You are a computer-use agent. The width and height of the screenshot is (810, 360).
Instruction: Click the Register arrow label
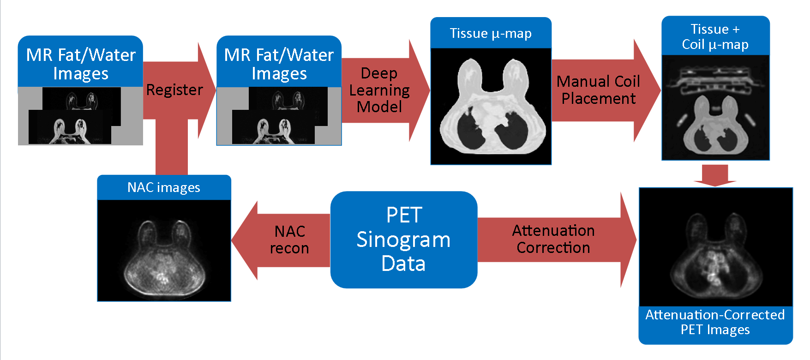point(174,90)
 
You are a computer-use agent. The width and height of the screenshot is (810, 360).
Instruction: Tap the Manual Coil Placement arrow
point(598,90)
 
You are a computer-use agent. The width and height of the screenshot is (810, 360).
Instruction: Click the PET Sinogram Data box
point(404,240)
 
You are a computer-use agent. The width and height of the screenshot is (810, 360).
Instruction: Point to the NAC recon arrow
point(289,240)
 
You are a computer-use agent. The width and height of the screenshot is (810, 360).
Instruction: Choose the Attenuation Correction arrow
point(553,240)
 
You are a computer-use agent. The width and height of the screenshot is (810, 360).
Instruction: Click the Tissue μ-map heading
point(491,33)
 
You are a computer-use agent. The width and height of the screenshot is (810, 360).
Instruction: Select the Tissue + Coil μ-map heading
point(715,36)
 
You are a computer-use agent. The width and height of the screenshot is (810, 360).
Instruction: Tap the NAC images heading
point(164,187)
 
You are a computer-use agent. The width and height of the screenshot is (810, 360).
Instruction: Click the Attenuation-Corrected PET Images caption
point(715,322)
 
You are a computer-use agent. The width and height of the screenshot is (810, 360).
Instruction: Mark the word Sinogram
point(404,240)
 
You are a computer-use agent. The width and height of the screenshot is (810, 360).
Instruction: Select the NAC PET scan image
point(164,251)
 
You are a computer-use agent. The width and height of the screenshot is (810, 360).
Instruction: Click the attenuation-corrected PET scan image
point(715,247)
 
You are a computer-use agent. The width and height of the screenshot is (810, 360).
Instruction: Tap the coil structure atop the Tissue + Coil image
point(715,78)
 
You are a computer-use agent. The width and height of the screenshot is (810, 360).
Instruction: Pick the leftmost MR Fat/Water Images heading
point(81,64)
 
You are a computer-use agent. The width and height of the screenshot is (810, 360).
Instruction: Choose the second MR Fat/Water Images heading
point(279,64)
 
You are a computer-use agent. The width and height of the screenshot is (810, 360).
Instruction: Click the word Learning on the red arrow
point(379,90)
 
